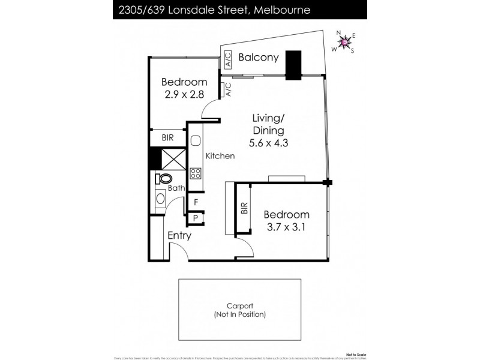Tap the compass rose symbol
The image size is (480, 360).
click(344, 41)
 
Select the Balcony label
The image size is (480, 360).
click(258, 58)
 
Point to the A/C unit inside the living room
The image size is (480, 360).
click(228, 90)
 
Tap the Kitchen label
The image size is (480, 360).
click(220, 156)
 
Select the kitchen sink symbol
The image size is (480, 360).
click(196, 143)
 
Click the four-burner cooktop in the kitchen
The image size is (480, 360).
click(196, 173)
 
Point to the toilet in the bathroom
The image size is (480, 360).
click(163, 178)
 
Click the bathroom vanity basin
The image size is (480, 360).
click(160, 199)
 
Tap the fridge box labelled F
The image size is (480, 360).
click(196, 203)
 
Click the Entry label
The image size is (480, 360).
click(179, 236)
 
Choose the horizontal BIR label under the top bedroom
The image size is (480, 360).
click(169, 138)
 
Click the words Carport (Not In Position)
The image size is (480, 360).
click(243, 310)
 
